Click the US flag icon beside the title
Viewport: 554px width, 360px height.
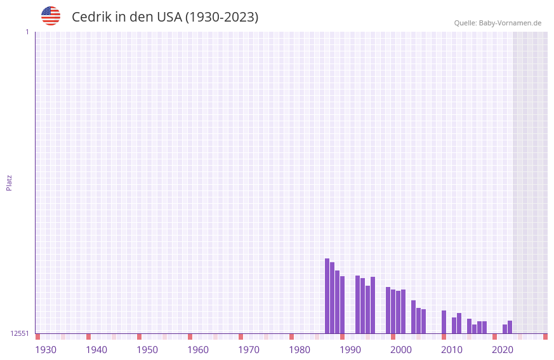(x=51, y=16)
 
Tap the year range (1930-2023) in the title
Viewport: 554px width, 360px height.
(x=221, y=17)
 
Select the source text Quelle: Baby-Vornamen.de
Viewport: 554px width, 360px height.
(x=498, y=23)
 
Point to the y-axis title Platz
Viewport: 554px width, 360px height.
(x=9, y=182)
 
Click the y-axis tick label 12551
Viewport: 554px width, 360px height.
(x=20, y=333)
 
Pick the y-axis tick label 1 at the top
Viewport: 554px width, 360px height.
(x=27, y=32)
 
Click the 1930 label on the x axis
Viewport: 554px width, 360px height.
(x=46, y=350)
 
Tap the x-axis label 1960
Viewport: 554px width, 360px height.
(x=198, y=350)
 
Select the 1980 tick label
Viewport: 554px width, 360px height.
(x=300, y=350)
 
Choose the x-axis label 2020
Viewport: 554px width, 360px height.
(x=503, y=350)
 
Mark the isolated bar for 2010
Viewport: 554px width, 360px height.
(x=444, y=322)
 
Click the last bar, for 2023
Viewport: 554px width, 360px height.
(x=510, y=327)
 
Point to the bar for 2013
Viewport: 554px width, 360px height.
(x=459, y=323)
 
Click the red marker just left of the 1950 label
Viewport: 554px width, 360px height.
(x=140, y=337)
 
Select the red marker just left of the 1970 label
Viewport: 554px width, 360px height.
(x=241, y=337)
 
